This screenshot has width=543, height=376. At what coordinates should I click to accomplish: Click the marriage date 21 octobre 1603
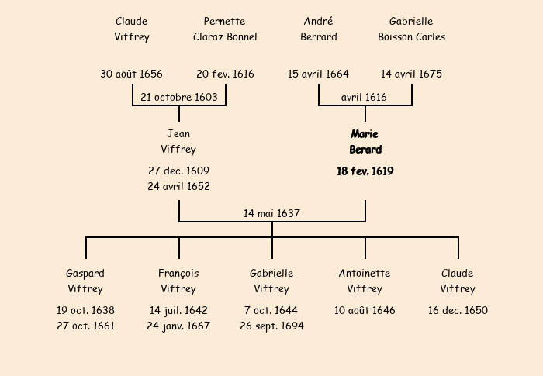179,97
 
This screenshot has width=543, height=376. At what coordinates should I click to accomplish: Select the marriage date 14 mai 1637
271,213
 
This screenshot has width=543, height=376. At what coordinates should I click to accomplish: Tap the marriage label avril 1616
364,97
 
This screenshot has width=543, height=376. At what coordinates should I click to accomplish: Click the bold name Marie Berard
365,142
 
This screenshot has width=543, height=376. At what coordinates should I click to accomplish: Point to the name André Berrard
318,29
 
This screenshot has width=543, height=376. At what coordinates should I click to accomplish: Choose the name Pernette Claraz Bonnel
225,29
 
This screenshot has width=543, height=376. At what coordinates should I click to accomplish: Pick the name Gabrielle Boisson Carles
411,29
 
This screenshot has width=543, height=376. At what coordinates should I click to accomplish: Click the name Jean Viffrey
178,142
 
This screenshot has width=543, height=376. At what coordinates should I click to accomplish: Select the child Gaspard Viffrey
85,281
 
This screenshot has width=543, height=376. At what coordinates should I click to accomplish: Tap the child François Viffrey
178,281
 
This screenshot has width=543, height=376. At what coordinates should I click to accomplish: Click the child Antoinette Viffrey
365,281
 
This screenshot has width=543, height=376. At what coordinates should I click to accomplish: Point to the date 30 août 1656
131,74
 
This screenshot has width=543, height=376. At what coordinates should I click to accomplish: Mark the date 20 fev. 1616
225,74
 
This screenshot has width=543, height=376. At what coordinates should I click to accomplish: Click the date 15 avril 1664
318,74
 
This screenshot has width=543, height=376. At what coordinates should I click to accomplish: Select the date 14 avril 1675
411,74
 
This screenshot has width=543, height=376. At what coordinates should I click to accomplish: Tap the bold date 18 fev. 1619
365,171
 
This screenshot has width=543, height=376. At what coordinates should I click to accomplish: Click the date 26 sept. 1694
271,326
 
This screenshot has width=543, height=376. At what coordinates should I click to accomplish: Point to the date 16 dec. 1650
458,311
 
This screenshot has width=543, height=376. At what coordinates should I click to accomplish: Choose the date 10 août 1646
365,311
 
